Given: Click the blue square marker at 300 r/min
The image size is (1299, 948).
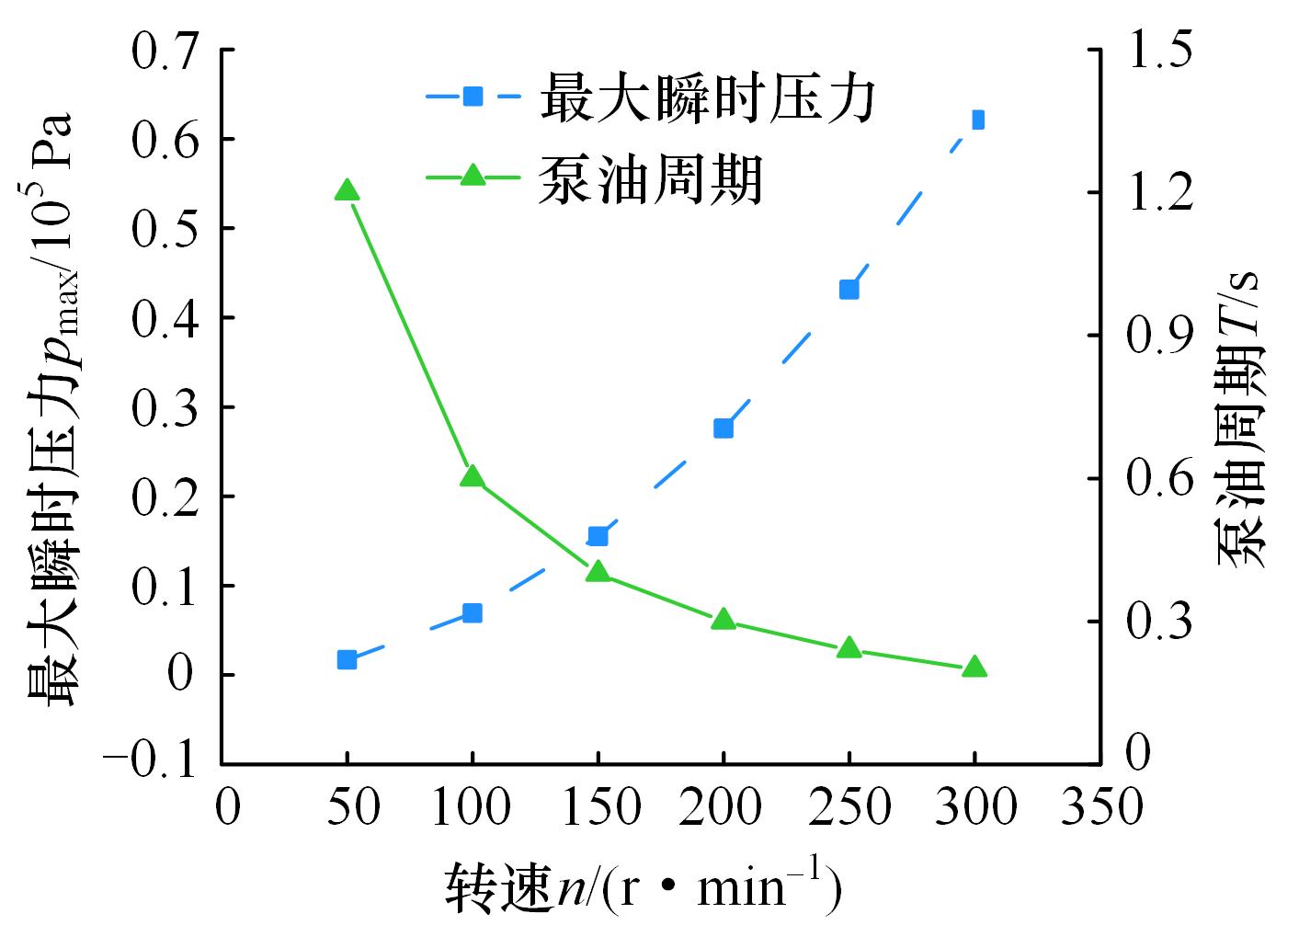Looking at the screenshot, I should click(x=977, y=120).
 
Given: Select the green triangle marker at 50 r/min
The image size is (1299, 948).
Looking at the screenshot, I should click(x=347, y=190).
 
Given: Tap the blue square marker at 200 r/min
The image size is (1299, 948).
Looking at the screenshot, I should click(x=724, y=428).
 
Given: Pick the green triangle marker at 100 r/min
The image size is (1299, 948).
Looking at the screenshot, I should click(x=472, y=476).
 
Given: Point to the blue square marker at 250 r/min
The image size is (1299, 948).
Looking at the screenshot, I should click(x=849, y=290).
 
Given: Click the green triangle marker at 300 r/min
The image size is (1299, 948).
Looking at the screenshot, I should click(x=974, y=668).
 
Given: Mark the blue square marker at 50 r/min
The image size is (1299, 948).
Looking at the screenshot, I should click(x=347, y=659).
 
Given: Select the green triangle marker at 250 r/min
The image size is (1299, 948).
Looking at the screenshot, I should click(x=849, y=648).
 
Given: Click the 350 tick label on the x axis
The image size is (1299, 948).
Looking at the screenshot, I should click(x=1100, y=808).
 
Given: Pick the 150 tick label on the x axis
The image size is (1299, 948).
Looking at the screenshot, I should click(x=598, y=808).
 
